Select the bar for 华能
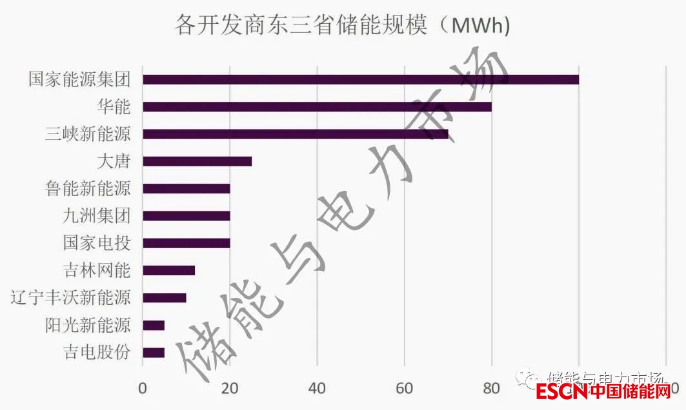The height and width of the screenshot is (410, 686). tap(317, 107)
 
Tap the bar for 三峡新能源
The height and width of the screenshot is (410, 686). tap(295, 134)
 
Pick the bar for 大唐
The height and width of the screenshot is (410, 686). tap(197, 161)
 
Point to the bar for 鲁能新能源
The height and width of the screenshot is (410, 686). tap(186, 189)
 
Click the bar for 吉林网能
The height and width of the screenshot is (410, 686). tap(168, 271)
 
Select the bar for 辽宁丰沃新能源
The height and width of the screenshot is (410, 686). tap(164, 298)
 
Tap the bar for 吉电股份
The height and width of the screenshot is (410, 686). tap(154, 353)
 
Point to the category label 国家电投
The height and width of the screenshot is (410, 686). tap(97, 243)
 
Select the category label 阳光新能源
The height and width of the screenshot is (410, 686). tap(88, 325)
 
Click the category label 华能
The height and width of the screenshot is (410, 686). tap(114, 107)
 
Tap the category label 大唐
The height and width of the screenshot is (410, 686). tap(114, 161)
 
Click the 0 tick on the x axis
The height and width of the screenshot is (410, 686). tap(143, 388)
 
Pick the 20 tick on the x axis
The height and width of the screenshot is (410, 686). tap(230, 388)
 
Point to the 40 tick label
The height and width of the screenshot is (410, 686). tap(317, 388)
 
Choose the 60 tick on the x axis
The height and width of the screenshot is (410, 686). tap(404, 388)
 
